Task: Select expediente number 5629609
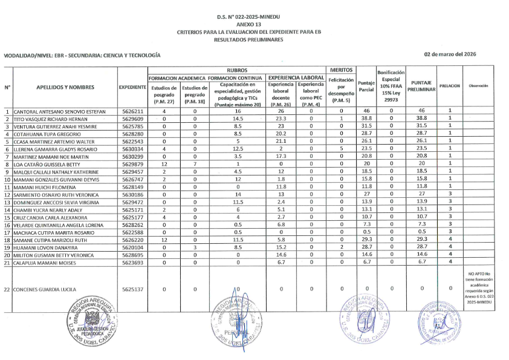point(132,119)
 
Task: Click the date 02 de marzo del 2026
point(450,54)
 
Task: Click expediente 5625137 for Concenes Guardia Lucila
point(132,290)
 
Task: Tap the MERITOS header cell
point(341,70)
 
